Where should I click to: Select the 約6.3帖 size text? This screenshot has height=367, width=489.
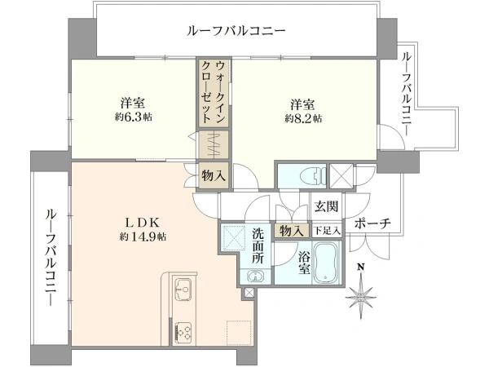[x=134, y=117]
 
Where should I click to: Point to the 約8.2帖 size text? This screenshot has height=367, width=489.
[x=303, y=118]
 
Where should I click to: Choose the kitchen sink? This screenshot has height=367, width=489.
[x=182, y=287]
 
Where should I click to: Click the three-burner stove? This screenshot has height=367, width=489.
[x=183, y=331]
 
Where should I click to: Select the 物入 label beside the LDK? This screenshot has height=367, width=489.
[x=215, y=175]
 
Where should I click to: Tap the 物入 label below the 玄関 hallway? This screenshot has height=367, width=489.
[x=290, y=232]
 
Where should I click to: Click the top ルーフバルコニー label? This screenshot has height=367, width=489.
[x=236, y=31]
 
